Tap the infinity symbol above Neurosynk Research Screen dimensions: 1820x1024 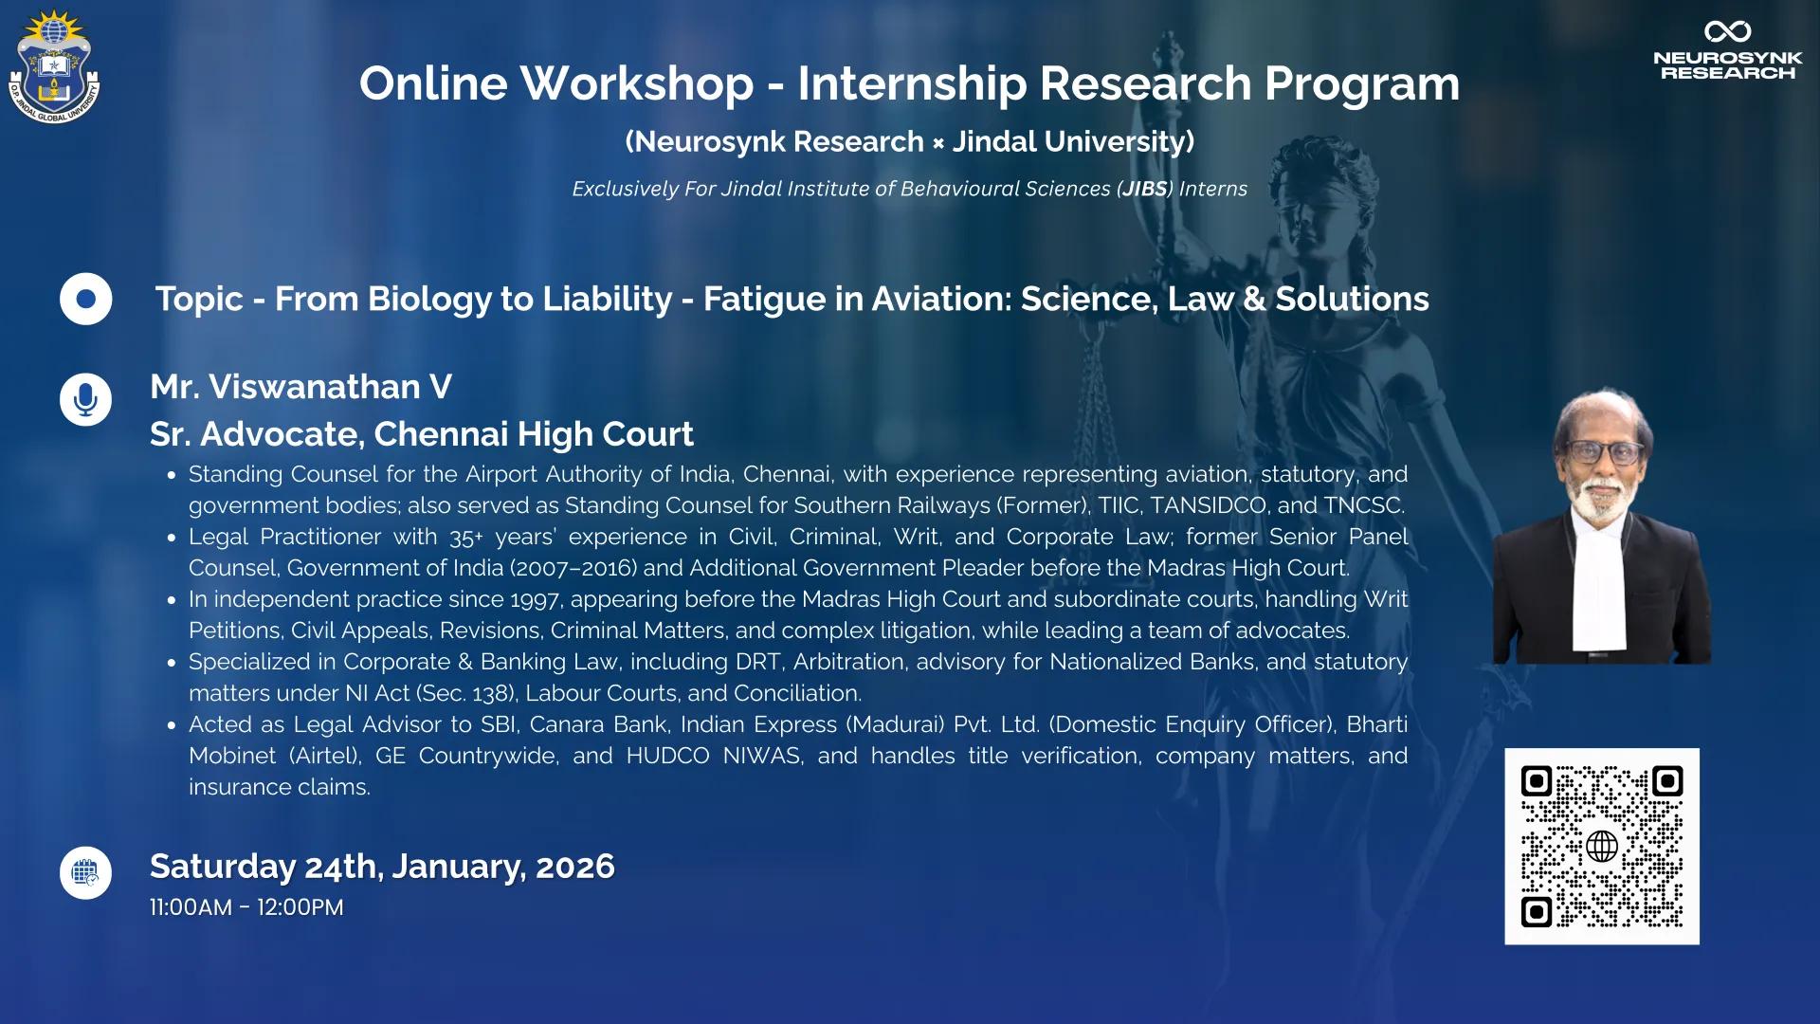(x=1727, y=31)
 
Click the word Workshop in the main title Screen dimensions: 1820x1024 (x=637, y=83)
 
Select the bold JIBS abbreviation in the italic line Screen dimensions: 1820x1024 (x=1145, y=189)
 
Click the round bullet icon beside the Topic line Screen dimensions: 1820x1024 (x=86, y=300)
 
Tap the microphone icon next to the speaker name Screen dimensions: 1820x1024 (x=86, y=399)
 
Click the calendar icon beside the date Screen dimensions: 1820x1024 (x=86, y=872)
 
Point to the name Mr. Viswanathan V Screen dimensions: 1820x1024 (x=300, y=387)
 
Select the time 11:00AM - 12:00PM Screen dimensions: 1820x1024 (x=246, y=907)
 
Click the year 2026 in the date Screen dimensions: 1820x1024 (x=575, y=867)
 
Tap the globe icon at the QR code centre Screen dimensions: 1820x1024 (x=1602, y=846)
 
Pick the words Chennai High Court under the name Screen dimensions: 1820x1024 (x=534, y=434)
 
